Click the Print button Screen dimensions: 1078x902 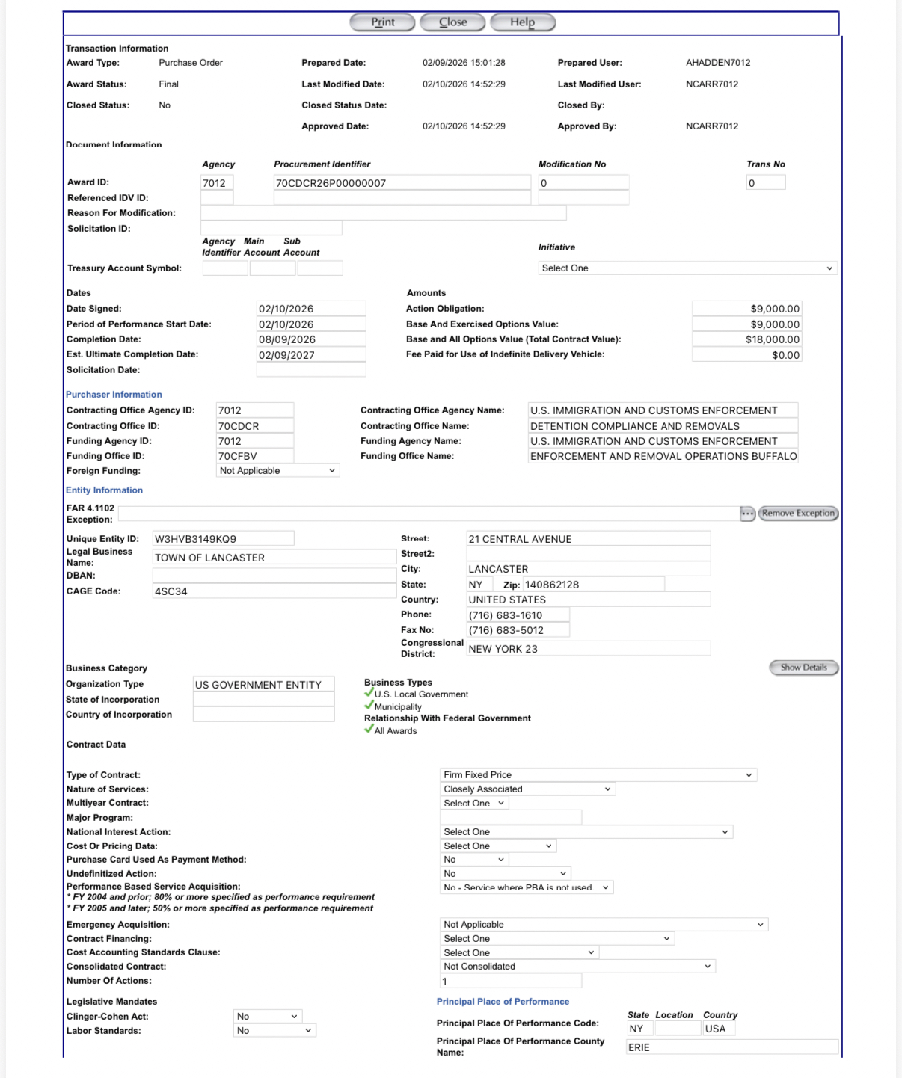[382, 22]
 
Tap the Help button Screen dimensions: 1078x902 [522, 22]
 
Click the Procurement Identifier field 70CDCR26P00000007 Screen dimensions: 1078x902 [402, 183]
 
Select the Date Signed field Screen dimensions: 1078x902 [311, 309]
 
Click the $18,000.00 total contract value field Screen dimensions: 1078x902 [746, 339]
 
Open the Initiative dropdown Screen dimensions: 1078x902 [687, 268]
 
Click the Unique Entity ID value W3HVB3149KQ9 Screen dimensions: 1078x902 [222, 539]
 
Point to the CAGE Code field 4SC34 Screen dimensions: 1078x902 [274, 591]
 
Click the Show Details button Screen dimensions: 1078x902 [803, 668]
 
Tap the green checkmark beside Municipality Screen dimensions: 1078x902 [369, 705]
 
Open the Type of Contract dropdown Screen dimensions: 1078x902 [598, 775]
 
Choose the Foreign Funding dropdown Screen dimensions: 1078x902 [277, 471]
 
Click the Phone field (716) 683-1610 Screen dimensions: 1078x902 [518, 615]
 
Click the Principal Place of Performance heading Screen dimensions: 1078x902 [503, 1002]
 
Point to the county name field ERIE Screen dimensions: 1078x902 [731, 1047]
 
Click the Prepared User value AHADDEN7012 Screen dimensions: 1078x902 [718, 63]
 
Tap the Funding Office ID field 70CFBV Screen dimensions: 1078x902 [254, 456]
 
